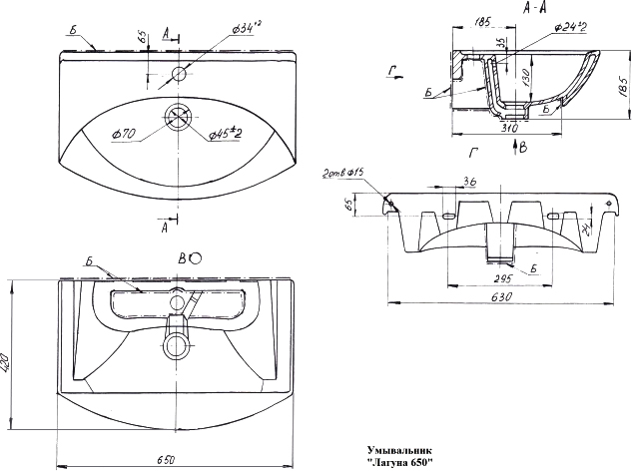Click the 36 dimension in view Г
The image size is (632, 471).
[x=468, y=182]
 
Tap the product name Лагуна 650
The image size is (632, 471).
[x=398, y=463]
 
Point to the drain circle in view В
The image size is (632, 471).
[x=179, y=345]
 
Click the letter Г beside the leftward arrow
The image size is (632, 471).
[x=394, y=69]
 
